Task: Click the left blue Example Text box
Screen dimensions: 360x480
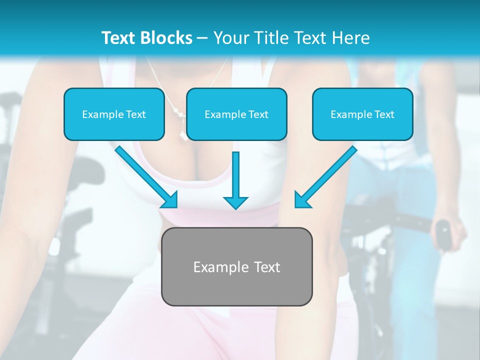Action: pos(114,114)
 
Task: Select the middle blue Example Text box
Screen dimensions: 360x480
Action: pos(236,114)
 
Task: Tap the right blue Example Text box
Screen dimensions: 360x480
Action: pos(362,114)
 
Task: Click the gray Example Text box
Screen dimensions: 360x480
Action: pos(236,266)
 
